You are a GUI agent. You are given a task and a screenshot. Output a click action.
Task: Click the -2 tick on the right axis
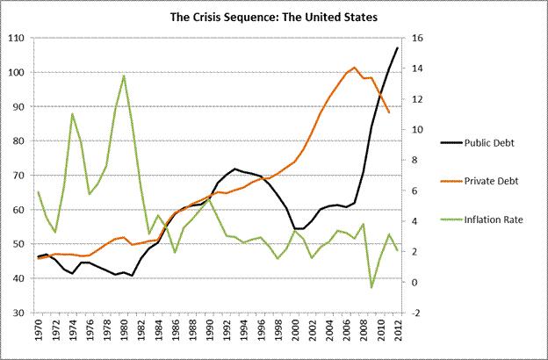coord(417,313)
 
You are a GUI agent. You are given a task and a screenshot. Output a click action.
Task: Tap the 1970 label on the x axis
coord(39,335)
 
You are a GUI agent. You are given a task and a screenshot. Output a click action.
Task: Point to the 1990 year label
coord(209,335)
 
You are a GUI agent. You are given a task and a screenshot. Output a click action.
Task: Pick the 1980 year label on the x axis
coord(124,335)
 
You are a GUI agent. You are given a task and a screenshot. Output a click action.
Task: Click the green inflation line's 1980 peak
coord(124,76)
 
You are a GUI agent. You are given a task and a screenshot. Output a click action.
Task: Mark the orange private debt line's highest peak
coord(355,67)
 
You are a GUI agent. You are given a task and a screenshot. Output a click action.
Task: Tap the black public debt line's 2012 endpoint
coord(397,47)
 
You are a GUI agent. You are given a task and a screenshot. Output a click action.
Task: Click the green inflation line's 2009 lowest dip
coord(371,287)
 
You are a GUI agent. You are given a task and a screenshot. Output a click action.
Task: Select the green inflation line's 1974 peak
coord(73,113)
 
